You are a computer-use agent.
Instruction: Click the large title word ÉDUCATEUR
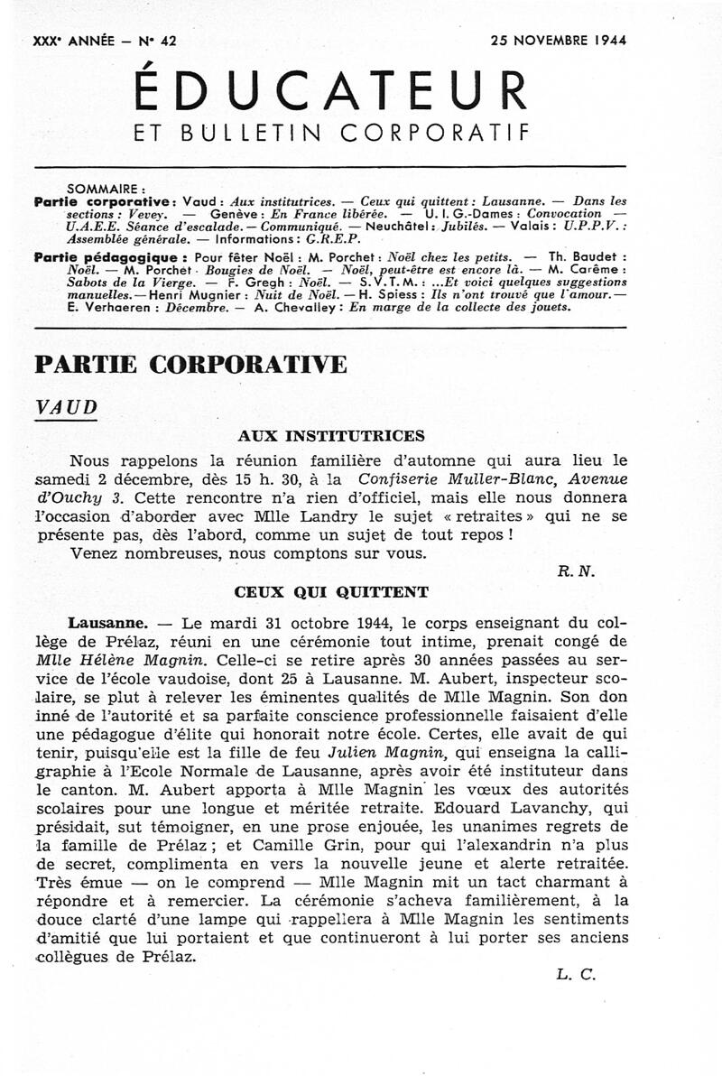(x=330, y=91)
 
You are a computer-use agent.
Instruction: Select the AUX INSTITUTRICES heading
(x=330, y=435)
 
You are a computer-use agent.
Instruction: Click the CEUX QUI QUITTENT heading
(x=331, y=593)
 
